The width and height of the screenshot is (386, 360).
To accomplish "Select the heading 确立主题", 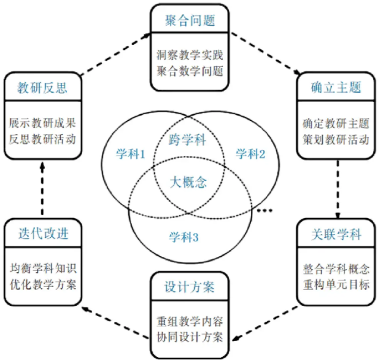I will pos(336,88).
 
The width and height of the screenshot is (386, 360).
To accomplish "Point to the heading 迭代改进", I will pos(43,233).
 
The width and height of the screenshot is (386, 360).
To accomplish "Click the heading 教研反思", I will pos(43,88).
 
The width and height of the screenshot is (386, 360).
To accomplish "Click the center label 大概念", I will pos(188,182).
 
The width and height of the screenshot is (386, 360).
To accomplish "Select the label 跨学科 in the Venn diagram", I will pos(188,141).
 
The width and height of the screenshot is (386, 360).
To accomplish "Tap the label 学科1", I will pos(130,154).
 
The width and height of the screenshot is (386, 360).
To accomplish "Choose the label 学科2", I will pos(250,154).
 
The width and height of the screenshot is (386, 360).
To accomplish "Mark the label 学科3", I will pos(184,235).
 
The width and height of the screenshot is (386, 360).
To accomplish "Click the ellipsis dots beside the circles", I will pos(264,211).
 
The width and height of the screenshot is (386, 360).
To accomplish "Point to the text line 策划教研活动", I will pos(336,138).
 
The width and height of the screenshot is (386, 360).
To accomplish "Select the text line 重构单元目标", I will pos(336,285).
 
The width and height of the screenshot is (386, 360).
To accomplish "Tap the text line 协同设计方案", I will pos(189,337).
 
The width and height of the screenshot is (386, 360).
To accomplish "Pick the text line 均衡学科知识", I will pos(43,268).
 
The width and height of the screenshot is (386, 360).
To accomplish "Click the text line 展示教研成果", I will pos(43,122).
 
